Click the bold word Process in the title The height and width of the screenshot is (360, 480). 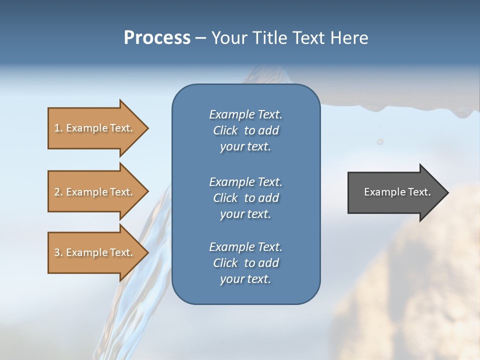pos(157,38)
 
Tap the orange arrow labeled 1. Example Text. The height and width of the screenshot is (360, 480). pos(95,128)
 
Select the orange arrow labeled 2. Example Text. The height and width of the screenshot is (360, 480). pos(95,192)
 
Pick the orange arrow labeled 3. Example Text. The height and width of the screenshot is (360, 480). pos(95,252)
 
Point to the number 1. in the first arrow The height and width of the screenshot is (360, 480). pos(58,128)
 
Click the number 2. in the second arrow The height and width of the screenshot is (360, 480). pos(58,192)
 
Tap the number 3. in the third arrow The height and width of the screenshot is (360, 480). pos(58,252)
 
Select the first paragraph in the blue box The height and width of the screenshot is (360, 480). pos(245,130)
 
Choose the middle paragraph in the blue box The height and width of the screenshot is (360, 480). pos(245,197)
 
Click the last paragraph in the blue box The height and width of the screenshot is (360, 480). pos(245,263)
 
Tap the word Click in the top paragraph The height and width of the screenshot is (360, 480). pos(225,130)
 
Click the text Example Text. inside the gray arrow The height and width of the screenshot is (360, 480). pos(397,192)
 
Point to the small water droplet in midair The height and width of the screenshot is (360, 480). pos(380,142)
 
